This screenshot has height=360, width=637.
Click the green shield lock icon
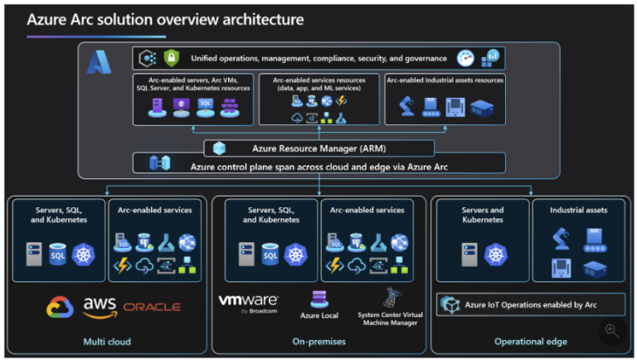[172, 58]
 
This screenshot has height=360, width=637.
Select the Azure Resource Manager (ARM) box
[319, 148]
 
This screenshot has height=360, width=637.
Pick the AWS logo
[100, 307]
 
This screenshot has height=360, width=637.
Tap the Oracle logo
[152, 307]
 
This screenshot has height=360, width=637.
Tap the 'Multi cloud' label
[108, 341]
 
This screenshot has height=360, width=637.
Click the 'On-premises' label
[318, 341]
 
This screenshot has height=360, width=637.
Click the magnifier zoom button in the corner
[611, 330]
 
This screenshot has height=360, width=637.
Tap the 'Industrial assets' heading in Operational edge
[578, 210]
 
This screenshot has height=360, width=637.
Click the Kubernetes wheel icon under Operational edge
[496, 254]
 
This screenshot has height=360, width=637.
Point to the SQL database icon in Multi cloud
[56, 255]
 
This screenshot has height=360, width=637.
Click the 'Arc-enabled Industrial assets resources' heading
[445, 80]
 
